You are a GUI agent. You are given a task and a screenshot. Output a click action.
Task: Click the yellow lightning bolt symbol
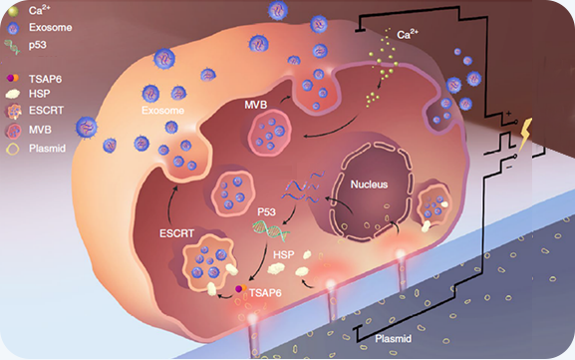[524, 135]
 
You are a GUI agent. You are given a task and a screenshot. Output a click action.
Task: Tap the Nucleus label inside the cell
[369, 184]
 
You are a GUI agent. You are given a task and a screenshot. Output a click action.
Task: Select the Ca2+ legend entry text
[40, 10]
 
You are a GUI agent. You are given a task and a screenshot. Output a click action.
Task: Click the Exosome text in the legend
[50, 28]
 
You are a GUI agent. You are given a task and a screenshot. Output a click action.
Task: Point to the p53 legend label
[38, 46]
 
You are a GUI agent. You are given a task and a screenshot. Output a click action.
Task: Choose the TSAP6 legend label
[45, 79]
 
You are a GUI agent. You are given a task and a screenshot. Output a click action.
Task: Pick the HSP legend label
[39, 94]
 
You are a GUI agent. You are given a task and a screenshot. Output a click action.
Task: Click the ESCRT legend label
[46, 110]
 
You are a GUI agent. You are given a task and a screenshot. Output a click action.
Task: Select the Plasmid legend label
[47, 149]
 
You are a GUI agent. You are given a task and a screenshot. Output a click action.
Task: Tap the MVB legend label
[40, 130]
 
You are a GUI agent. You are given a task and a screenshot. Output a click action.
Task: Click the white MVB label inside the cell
[255, 105]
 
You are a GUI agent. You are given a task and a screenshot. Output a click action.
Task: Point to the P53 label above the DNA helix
[267, 212]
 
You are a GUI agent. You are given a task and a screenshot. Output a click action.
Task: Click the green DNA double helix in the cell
[271, 230]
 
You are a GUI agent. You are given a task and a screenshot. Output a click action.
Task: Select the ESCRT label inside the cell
[176, 233]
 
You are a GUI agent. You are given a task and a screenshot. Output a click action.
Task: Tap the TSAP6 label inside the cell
[265, 293]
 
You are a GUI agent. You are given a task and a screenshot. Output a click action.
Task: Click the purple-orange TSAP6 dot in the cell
[240, 289]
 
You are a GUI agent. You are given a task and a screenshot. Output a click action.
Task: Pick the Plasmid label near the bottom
[393, 339]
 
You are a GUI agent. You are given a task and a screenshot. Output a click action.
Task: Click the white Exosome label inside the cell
[162, 110]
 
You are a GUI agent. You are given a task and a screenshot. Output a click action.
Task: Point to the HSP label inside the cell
[283, 254]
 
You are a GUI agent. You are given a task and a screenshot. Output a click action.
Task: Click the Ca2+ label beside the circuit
[408, 35]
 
